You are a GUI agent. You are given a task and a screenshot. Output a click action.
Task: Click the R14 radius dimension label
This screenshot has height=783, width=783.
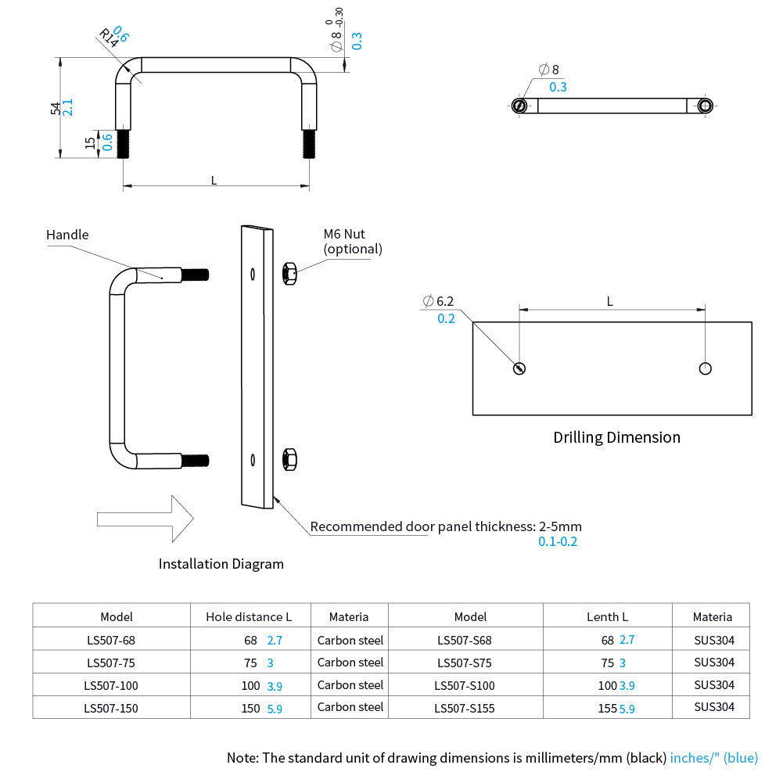tap(108, 39)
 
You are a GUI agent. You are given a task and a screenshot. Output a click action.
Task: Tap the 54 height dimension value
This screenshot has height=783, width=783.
tap(56, 108)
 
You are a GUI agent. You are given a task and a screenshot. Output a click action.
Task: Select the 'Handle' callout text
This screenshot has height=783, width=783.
tap(67, 235)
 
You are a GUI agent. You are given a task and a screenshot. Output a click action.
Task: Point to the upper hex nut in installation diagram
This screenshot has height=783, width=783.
tap(288, 274)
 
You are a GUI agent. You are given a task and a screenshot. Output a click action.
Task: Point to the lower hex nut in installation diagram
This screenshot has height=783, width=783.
tap(288, 459)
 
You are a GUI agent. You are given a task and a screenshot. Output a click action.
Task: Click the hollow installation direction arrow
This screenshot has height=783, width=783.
tap(145, 518)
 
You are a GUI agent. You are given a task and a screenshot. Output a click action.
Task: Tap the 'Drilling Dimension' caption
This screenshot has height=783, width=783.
tap(616, 437)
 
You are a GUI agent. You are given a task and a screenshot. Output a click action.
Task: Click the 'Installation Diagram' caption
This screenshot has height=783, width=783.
tap(221, 564)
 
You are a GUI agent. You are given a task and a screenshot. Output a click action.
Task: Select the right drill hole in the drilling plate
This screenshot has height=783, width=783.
tap(706, 368)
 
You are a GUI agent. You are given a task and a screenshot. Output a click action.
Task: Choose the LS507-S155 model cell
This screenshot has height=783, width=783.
tap(465, 708)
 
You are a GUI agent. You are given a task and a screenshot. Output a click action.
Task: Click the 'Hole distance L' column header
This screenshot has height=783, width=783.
tap(249, 616)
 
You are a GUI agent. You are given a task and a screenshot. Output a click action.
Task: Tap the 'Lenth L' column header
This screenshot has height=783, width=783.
tap(608, 616)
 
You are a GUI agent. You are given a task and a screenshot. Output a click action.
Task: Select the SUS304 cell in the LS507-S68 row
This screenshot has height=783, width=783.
tap(714, 640)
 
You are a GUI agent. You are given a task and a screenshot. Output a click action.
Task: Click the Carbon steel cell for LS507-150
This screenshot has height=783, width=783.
tap(350, 707)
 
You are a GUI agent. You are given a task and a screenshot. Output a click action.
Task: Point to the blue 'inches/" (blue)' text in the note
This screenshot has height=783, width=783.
tap(714, 757)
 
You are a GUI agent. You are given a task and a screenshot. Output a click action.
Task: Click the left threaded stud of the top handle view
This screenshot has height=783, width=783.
tap(123, 144)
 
